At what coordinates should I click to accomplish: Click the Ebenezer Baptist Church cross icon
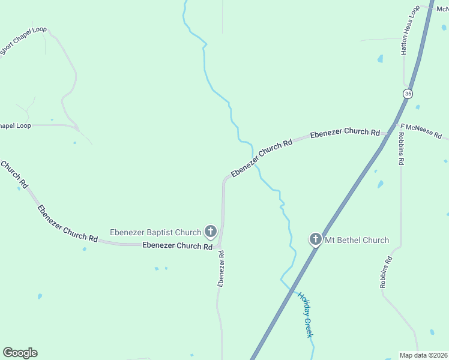[x=211, y=231]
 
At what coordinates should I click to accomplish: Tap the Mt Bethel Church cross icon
[x=316, y=240]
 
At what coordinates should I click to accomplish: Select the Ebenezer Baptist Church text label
[x=155, y=232]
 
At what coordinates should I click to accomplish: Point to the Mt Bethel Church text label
[x=357, y=241]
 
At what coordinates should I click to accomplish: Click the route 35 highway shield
[x=408, y=94]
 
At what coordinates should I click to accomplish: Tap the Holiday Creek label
[x=305, y=314]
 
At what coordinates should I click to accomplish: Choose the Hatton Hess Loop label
[x=410, y=31]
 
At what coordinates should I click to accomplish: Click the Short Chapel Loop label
[x=23, y=40]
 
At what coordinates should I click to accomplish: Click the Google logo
[x=20, y=353]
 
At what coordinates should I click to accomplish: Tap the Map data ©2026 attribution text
[x=423, y=355]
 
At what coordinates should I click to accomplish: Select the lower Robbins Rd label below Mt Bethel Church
[x=386, y=272]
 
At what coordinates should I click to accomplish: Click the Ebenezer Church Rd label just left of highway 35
[x=345, y=132]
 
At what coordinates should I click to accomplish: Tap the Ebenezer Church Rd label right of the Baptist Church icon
[x=177, y=245]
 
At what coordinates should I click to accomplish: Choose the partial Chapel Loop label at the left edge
[x=15, y=125]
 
